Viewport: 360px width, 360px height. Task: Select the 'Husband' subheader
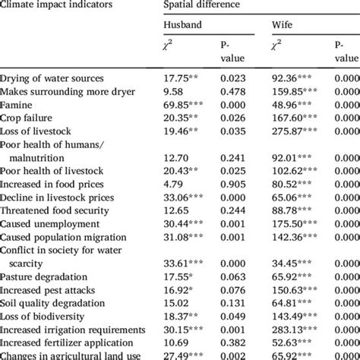pos(183,25)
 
